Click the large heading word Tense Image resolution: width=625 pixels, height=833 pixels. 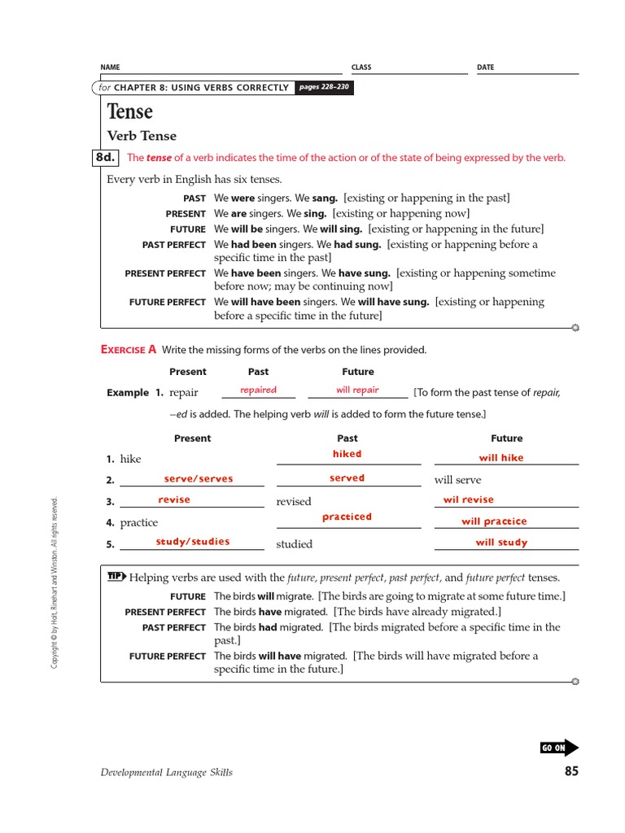[x=130, y=111]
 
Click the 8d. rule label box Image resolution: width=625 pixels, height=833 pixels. [x=107, y=158]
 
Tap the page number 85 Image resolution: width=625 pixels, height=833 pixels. [x=571, y=771]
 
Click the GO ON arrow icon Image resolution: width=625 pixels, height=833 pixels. [x=559, y=748]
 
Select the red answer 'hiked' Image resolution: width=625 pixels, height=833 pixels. [x=347, y=454]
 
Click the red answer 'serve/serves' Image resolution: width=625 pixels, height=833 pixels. [x=199, y=479]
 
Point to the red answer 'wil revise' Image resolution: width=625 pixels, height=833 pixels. [x=468, y=499]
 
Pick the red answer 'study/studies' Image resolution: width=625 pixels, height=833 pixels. [x=193, y=541]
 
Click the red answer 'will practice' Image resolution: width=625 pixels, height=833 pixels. [x=494, y=521]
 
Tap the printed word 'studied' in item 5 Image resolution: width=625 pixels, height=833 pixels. [x=294, y=544]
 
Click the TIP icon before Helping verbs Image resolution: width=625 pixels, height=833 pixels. [x=116, y=577]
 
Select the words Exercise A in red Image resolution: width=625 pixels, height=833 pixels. [x=129, y=349]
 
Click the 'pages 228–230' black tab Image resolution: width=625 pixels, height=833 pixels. [x=324, y=87]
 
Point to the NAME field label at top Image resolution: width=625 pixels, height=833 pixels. [x=110, y=68]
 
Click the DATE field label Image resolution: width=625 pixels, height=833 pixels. [x=485, y=68]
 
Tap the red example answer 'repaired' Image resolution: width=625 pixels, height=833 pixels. [x=258, y=390]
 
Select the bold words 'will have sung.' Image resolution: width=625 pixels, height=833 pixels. [x=393, y=302]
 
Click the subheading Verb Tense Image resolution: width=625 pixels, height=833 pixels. [x=142, y=136]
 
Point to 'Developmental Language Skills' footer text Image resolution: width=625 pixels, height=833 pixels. [x=167, y=772]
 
